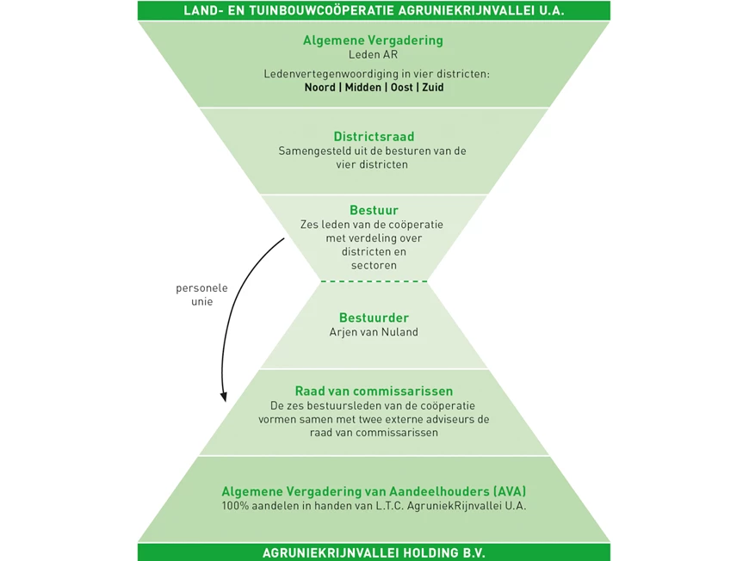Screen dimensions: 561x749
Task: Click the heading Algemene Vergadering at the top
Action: pyautogui.click(x=373, y=40)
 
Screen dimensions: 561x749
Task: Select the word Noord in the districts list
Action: pyautogui.click(x=319, y=88)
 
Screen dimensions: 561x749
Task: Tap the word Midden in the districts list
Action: pyautogui.click(x=362, y=88)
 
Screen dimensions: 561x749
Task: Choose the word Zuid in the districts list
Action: pyautogui.click(x=432, y=88)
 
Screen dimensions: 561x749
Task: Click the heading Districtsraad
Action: pyautogui.click(x=374, y=137)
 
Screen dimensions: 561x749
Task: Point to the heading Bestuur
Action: pyautogui.click(x=374, y=210)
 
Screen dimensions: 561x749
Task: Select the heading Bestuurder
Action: pyautogui.click(x=374, y=318)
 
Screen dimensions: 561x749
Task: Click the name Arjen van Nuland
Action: pyautogui.click(x=374, y=332)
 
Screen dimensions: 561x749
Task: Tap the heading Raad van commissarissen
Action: pyautogui.click(x=374, y=391)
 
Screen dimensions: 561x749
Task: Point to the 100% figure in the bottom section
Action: pyautogui.click(x=235, y=506)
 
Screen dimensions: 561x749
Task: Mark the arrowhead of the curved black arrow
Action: pyautogui.click(x=224, y=398)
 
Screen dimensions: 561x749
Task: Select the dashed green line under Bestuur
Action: pyautogui.click(x=374, y=281)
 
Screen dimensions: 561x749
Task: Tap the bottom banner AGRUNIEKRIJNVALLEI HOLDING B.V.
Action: pyautogui.click(x=374, y=552)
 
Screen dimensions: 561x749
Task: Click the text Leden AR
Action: pyautogui.click(x=373, y=54)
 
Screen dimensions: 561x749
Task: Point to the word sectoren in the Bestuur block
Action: pyautogui.click(x=374, y=266)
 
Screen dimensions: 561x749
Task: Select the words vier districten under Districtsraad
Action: pyautogui.click(x=374, y=164)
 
